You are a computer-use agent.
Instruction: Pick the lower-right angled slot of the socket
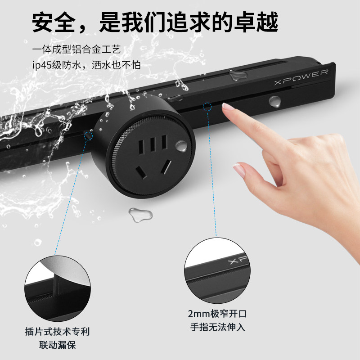click(166, 167)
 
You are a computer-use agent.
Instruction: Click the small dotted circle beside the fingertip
click(207, 107)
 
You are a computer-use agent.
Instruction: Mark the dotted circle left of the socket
click(88, 135)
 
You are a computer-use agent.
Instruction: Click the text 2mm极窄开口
click(217, 314)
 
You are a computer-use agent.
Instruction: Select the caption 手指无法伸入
click(217, 327)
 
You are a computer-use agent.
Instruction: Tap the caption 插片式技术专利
click(57, 332)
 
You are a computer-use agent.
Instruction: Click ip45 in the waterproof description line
click(43, 65)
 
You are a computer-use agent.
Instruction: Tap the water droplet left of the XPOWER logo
click(234, 75)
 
